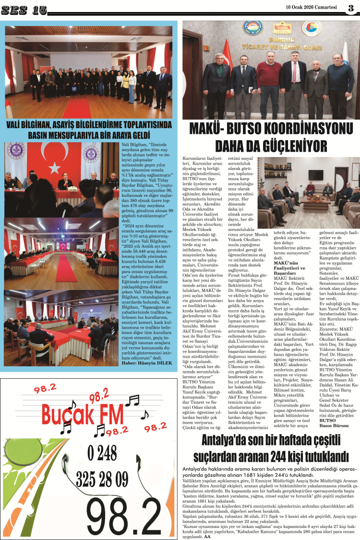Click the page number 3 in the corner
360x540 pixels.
(x=350, y=9)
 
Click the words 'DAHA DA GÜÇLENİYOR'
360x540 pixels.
(x=270, y=145)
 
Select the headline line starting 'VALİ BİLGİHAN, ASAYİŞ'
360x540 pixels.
(x=89, y=125)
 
